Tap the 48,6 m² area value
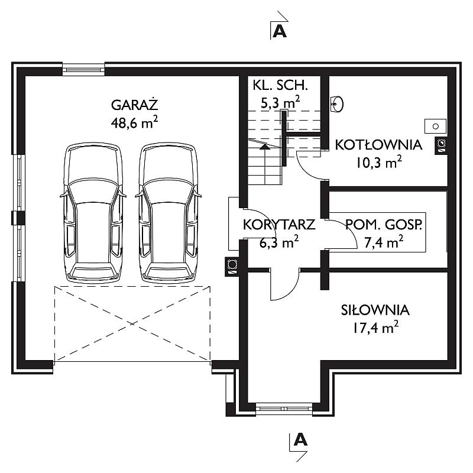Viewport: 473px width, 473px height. pyautogui.click(x=135, y=122)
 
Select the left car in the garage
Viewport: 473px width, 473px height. pyautogui.click(x=93, y=213)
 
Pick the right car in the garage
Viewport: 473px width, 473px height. pyautogui.click(x=169, y=213)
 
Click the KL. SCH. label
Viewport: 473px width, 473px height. pyautogui.click(x=280, y=85)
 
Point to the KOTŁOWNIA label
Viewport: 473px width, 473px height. pyautogui.click(x=378, y=145)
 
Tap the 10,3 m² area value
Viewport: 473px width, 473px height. pyautogui.click(x=379, y=163)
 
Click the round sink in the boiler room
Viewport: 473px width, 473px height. pyautogui.click(x=337, y=104)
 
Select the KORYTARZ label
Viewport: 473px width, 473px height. pyautogui.click(x=279, y=225)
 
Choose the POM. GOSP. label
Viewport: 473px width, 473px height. pyautogui.click(x=384, y=225)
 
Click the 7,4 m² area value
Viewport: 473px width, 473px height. pyautogui.click(x=384, y=242)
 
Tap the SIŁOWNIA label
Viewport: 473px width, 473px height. pyautogui.click(x=375, y=310)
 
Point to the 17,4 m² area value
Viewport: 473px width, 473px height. pyautogui.click(x=375, y=328)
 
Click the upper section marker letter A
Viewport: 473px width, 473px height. pyautogui.click(x=279, y=31)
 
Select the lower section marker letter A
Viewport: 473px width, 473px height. pyautogui.click(x=300, y=439)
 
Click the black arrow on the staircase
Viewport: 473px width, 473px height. pyautogui.click(x=265, y=147)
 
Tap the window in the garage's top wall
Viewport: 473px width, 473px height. pyautogui.click(x=83, y=69)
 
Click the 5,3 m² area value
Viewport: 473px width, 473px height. pyautogui.click(x=280, y=102)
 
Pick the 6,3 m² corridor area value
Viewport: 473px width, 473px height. pyautogui.click(x=279, y=242)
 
